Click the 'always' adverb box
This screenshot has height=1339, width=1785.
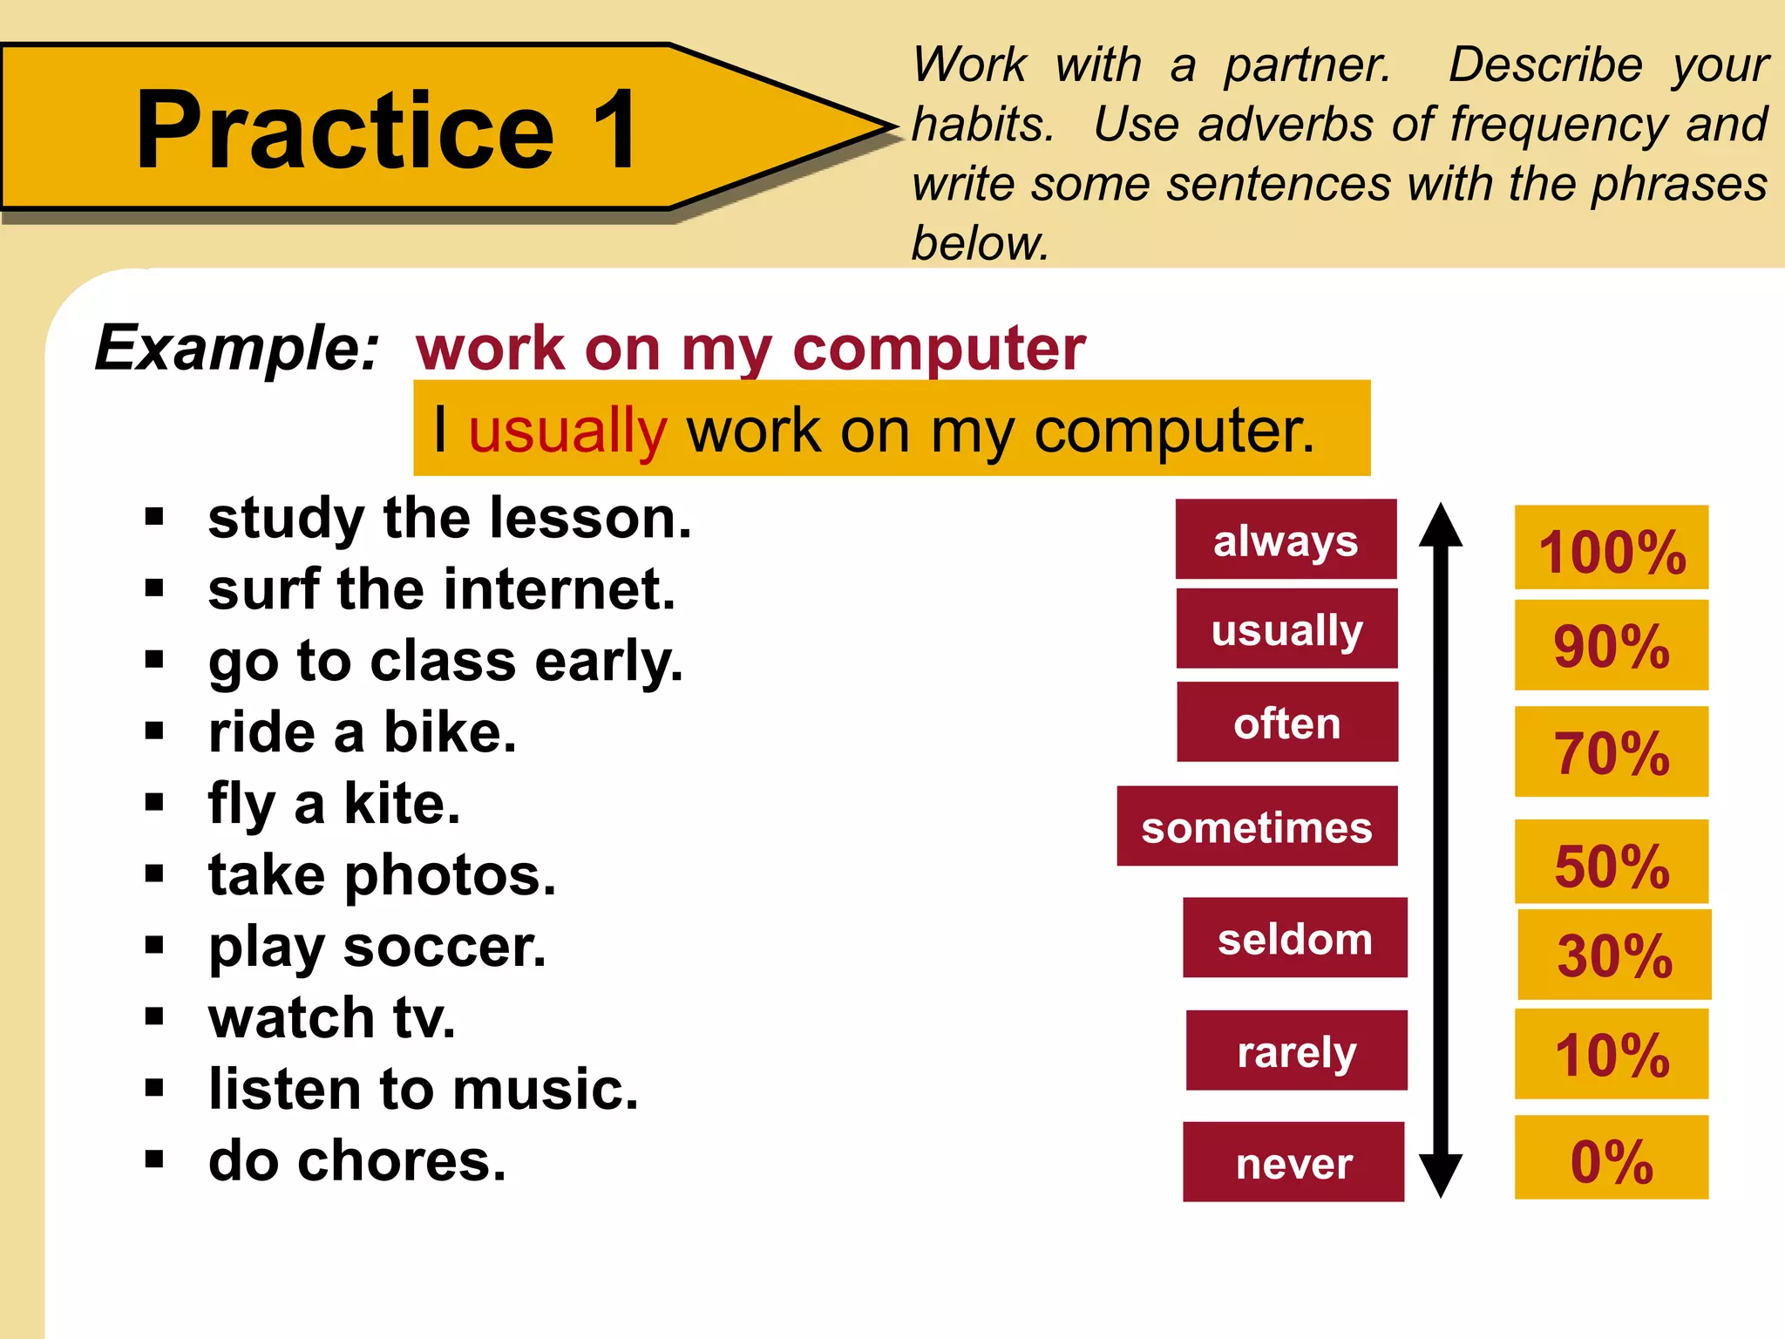click(x=1286, y=540)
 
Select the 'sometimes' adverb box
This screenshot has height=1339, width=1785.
click(x=1257, y=826)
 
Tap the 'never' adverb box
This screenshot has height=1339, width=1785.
click(x=1293, y=1162)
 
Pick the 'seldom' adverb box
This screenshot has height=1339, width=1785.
click(x=1294, y=938)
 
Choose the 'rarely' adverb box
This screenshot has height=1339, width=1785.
click(x=1296, y=1050)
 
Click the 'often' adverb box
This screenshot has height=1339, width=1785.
click(x=1287, y=722)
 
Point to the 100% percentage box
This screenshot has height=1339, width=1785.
click(x=1611, y=548)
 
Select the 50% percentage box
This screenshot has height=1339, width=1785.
click(x=1611, y=862)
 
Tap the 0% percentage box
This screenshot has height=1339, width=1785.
click(x=1611, y=1158)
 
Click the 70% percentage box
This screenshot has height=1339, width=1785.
click(x=1611, y=751)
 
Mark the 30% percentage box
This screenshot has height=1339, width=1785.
click(x=1614, y=955)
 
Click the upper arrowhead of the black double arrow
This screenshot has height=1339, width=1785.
click(x=1441, y=526)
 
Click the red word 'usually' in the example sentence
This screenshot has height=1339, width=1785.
click(x=567, y=431)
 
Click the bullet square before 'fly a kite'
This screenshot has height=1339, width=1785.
click(x=155, y=802)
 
